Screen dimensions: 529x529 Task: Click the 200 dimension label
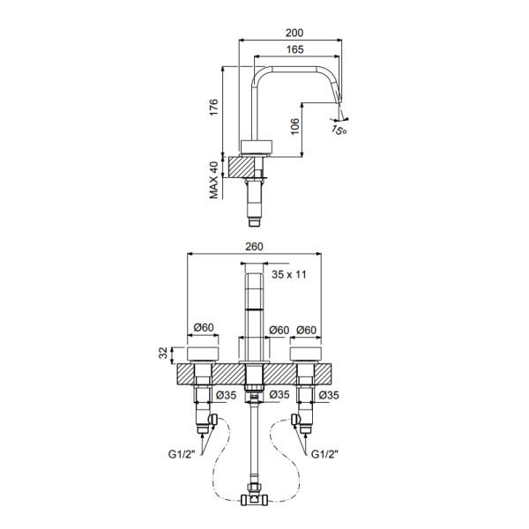tap(294, 33)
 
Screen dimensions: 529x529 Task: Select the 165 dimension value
tap(294, 49)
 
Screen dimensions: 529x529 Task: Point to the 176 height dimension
tap(213, 108)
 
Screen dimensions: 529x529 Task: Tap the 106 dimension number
tap(294, 126)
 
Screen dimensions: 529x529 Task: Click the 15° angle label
tap(339, 130)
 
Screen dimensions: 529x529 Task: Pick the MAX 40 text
tap(214, 180)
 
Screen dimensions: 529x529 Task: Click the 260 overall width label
tap(254, 247)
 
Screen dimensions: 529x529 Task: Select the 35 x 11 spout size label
tap(289, 274)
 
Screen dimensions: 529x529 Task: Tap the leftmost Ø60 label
tap(204, 327)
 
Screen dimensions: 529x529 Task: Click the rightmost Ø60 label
tap(306, 330)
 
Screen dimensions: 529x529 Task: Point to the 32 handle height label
tap(163, 353)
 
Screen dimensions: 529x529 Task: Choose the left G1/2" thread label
tap(182, 454)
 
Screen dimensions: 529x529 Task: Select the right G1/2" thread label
tap(324, 454)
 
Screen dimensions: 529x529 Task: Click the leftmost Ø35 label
tap(226, 395)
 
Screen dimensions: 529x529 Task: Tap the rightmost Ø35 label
tap(329, 395)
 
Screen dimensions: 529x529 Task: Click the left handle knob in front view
tap(203, 353)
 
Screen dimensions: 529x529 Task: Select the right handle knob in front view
tap(306, 353)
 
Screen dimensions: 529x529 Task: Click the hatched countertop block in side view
tap(242, 167)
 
